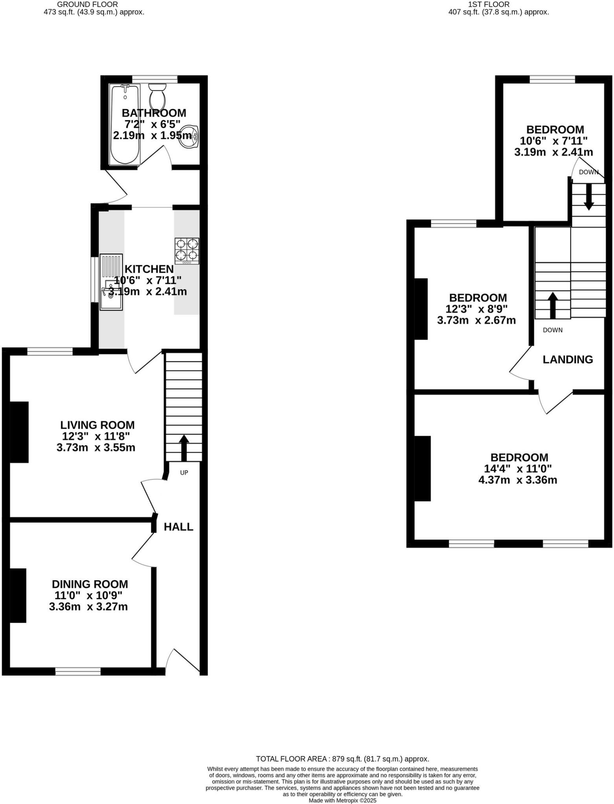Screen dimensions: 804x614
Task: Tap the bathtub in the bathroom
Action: click(x=125, y=124)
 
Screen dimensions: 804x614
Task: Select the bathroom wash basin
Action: click(x=189, y=137)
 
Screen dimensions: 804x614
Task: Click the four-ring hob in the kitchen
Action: click(x=187, y=250)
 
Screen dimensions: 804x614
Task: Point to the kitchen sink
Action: click(x=111, y=282)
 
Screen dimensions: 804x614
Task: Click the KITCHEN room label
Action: click(x=149, y=269)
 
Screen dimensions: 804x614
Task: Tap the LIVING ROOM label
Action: click(x=97, y=425)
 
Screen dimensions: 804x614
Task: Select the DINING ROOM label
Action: click(x=90, y=584)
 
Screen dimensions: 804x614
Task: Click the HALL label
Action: click(x=178, y=526)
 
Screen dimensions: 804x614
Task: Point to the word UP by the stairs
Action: click(x=184, y=473)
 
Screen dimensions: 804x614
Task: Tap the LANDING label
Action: click(x=568, y=359)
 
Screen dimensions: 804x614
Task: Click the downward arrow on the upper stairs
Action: click(x=588, y=197)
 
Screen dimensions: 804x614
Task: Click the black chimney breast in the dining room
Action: click(x=18, y=595)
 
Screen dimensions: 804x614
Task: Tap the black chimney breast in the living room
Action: click(x=19, y=431)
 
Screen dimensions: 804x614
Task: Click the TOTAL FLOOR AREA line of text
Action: click(x=342, y=758)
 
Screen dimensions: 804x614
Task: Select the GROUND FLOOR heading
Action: click(x=87, y=4)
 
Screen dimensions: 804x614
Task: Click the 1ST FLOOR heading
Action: click(x=489, y=4)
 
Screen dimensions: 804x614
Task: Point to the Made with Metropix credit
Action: click(x=342, y=800)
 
